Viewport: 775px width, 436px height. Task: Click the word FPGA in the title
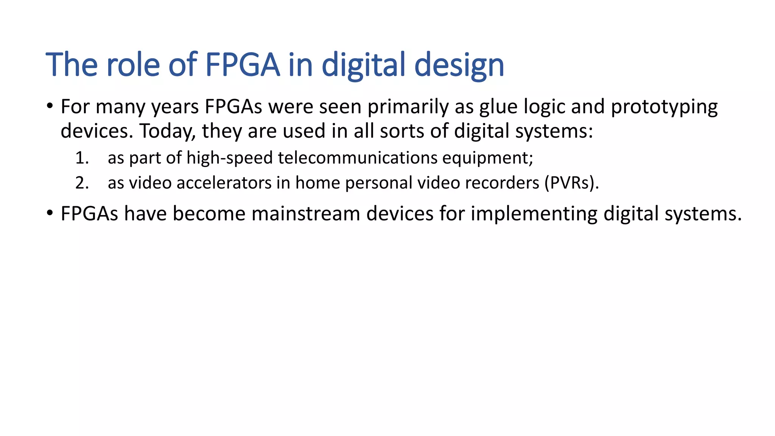click(x=242, y=65)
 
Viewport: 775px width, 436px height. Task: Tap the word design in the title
click(x=459, y=65)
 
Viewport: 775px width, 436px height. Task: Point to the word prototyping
click(x=664, y=107)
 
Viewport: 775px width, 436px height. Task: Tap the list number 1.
click(x=82, y=158)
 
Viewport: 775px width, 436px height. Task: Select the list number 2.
click(x=82, y=183)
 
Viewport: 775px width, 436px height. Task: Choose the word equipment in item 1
click(x=487, y=158)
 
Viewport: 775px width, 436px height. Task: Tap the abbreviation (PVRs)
click(x=571, y=183)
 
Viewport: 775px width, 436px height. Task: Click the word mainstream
click(x=305, y=213)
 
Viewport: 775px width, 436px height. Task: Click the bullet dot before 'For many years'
click(x=50, y=106)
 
